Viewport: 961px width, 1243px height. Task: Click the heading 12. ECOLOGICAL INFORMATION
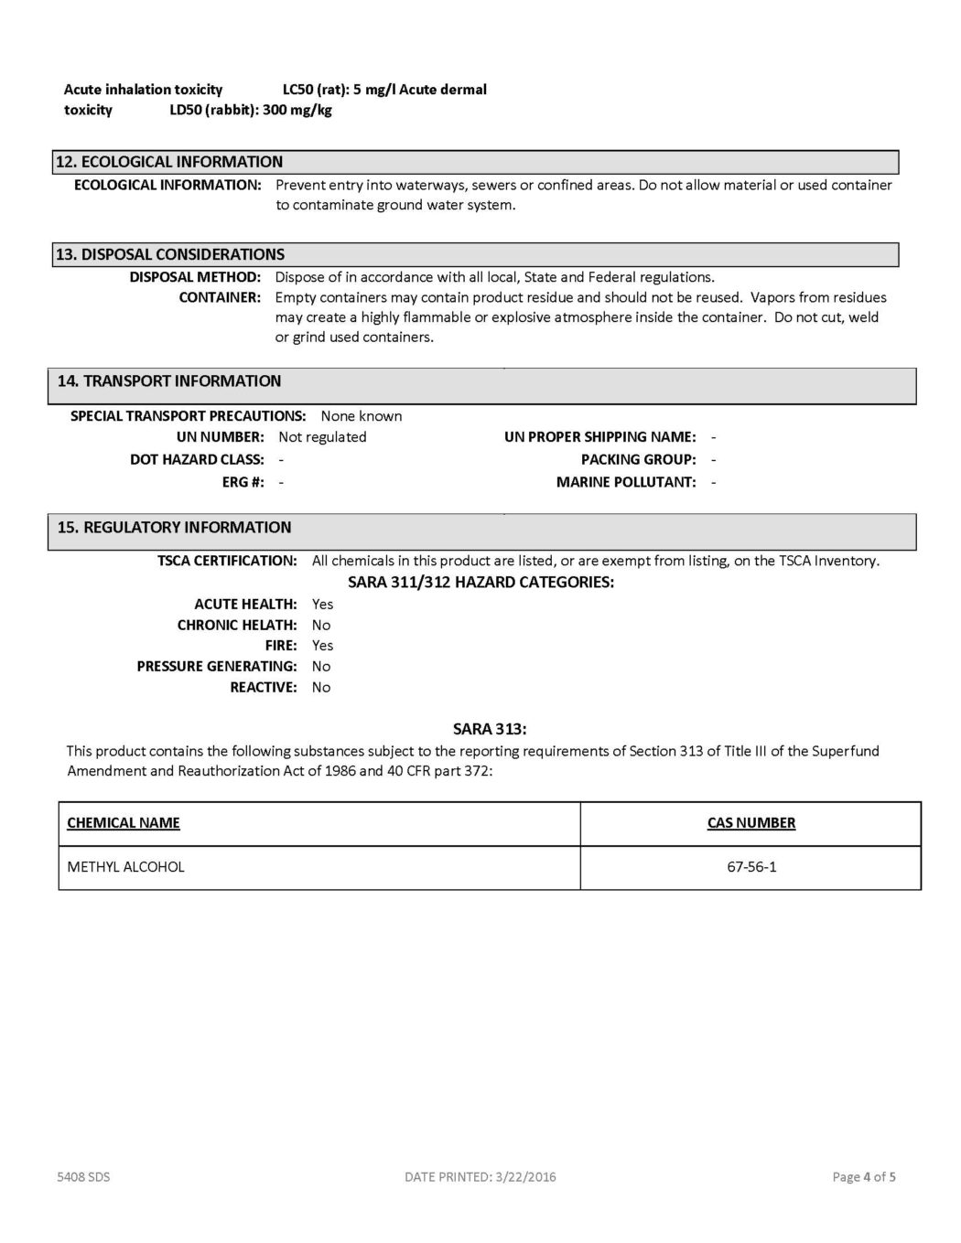[x=169, y=162]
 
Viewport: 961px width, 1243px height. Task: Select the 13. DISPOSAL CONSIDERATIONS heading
[x=170, y=254]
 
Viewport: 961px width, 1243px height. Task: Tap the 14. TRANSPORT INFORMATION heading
[x=169, y=381]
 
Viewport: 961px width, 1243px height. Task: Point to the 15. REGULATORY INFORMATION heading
[x=174, y=528]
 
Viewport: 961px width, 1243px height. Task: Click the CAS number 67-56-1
[x=751, y=867]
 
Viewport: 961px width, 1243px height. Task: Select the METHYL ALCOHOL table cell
[x=126, y=867]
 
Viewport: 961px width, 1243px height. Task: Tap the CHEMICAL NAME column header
[x=124, y=823]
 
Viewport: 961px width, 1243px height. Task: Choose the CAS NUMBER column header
[x=751, y=823]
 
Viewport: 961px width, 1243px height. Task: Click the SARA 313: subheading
[x=490, y=729]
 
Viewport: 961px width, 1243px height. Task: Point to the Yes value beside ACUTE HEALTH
[x=322, y=605]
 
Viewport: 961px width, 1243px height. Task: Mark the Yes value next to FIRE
[x=322, y=646]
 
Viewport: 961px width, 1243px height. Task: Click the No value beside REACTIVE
[x=321, y=688]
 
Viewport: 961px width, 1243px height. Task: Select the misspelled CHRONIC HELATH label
[x=237, y=626]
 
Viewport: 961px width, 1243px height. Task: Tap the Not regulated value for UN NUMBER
[x=322, y=437]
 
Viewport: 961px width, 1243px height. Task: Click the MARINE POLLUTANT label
[x=626, y=482]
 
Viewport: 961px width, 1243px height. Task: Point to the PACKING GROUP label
[x=638, y=460]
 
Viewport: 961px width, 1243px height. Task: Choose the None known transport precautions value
[x=362, y=416]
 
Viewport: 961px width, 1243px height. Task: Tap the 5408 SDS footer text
[x=83, y=1177]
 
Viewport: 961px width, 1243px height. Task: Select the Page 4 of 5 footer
[x=864, y=1177]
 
